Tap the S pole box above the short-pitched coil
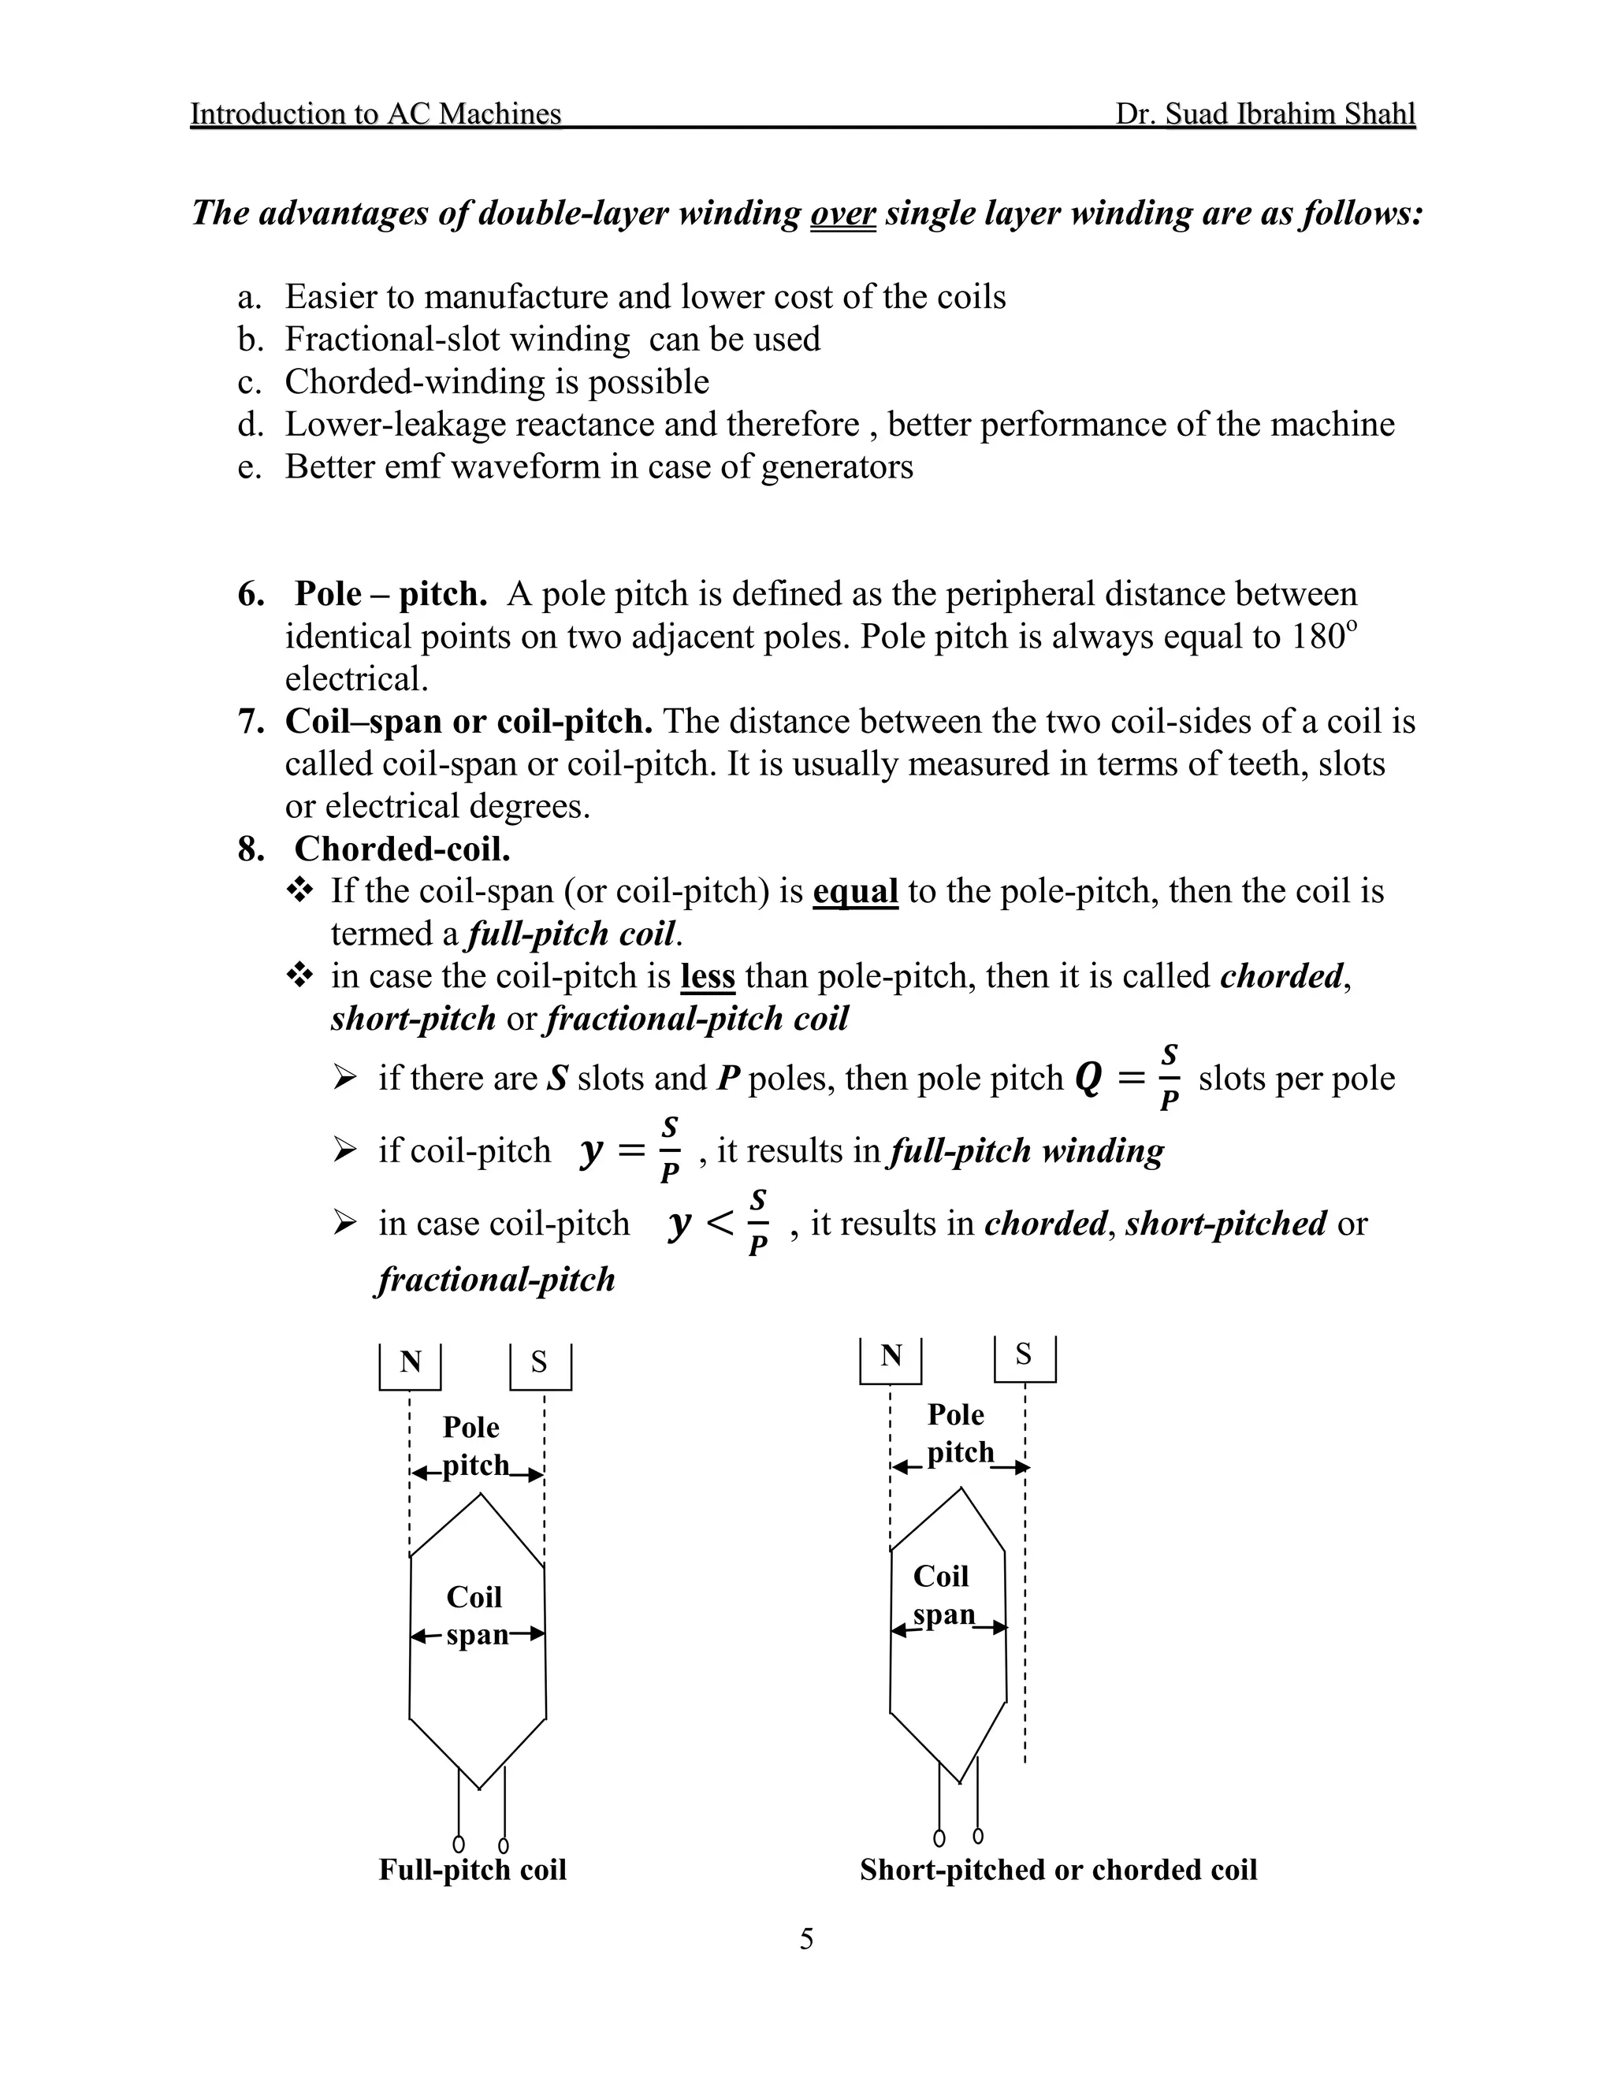coord(1024,1357)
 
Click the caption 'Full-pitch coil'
coord(472,1869)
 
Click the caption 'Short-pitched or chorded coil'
coord(1058,1869)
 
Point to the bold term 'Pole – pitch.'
coord(390,594)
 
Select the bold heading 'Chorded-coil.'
coord(402,849)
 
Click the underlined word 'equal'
coord(855,891)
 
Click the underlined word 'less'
coord(708,976)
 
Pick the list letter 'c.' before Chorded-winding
coord(250,382)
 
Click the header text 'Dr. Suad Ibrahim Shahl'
coord(1264,113)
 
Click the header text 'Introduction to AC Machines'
coord(376,113)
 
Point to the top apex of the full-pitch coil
coord(480,1496)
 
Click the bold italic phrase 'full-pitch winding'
coord(1026,1151)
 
